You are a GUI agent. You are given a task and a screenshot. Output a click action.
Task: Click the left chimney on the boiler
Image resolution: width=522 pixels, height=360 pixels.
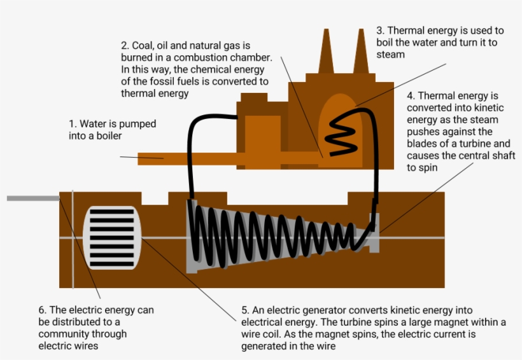(x=329, y=54)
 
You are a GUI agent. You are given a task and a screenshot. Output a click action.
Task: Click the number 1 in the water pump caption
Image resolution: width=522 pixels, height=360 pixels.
(x=72, y=123)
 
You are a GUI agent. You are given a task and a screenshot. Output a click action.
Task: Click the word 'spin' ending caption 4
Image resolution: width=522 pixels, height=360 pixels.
(x=428, y=168)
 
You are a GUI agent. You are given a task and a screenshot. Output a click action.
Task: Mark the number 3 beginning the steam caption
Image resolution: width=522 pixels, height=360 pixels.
(x=379, y=31)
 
